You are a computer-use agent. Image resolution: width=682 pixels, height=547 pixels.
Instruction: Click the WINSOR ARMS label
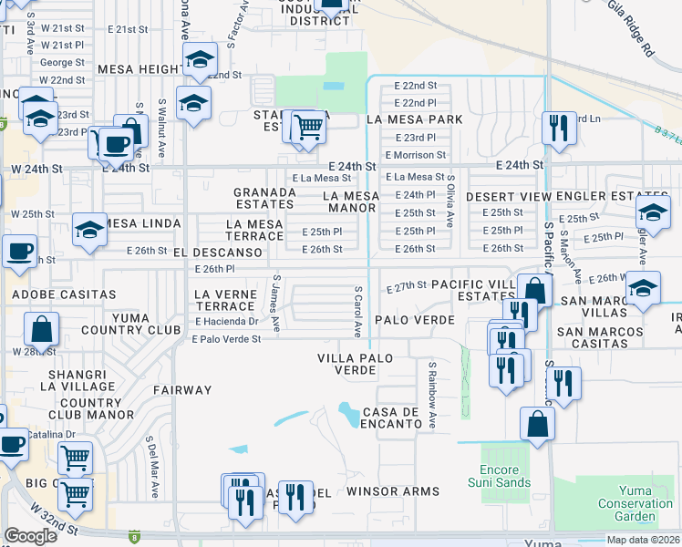(x=393, y=491)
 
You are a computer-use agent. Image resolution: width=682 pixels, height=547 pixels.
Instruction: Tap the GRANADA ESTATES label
(x=264, y=199)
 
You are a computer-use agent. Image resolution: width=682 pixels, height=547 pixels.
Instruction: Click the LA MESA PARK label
(x=414, y=119)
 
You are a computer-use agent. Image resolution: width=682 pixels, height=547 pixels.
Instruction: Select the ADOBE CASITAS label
(x=64, y=294)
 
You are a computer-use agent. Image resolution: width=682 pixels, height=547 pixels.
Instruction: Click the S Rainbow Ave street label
(x=433, y=395)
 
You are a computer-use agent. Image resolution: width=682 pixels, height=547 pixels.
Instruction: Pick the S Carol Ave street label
(x=358, y=309)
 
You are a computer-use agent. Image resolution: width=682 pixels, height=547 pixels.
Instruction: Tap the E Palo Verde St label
(x=226, y=339)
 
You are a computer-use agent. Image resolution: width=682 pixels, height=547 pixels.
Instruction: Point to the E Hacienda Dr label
(x=225, y=322)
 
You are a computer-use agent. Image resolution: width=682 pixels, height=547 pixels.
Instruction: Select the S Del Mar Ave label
(x=153, y=466)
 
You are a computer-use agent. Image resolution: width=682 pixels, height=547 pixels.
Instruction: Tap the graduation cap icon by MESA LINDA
(x=89, y=230)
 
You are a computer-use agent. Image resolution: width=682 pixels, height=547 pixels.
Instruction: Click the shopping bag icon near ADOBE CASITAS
(x=41, y=328)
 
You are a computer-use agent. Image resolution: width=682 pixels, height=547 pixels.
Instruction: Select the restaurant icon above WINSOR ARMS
(x=294, y=497)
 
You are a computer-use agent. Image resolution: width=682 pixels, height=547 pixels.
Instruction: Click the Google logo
(x=30, y=536)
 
